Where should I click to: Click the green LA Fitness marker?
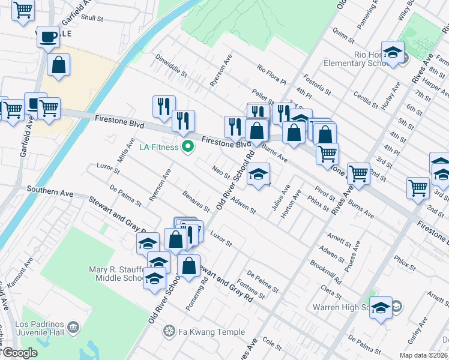(x=188, y=146)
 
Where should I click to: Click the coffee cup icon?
(x=48, y=37)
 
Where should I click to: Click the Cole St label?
(x=272, y=343)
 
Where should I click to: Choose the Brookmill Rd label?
(x=326, y=272)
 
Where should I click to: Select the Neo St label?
(x=221, y=172)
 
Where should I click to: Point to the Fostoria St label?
(x=317, y=85)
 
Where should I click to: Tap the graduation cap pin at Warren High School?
(x=381, y=307)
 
